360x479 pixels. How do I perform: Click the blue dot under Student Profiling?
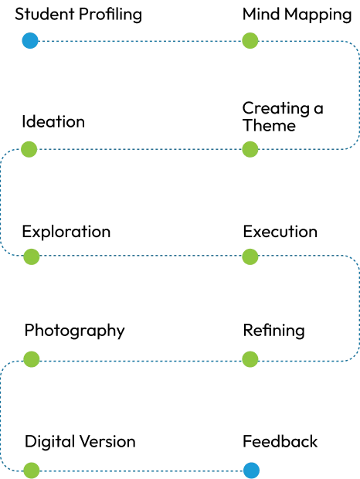pos(30,41)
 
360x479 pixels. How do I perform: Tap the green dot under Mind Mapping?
pos(250,41)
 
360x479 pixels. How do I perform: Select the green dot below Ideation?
pos(29,149)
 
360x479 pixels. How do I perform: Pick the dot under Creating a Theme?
pos(250,149)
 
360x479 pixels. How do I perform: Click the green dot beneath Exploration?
pos(32,256)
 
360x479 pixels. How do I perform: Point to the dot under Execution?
pos(250,256)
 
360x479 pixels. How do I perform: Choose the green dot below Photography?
pos(32,359)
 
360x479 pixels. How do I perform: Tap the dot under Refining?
pos(250,359)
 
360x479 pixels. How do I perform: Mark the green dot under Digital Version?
pos(32,471)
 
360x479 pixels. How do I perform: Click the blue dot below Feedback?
pos(251,471)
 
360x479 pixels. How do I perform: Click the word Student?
pos(45,14)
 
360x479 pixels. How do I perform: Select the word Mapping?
pos(318,15)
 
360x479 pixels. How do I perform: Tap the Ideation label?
pos(53,121)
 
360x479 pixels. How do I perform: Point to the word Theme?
pos(270,126)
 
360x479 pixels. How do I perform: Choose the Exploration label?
pos(66,233)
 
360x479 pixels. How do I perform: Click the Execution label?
pos(280,232)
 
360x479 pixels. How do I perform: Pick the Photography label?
pos(75,331)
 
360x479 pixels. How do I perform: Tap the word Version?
pos(107,442)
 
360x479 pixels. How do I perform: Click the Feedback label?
pos(280,441)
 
